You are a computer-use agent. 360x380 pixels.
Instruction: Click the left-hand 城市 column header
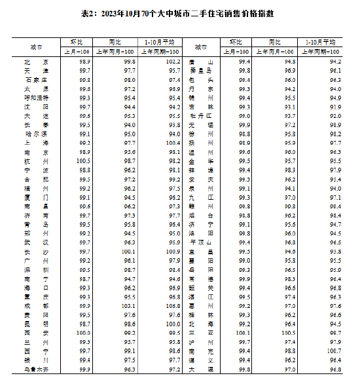pyautogui.click(x=36, y=48)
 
